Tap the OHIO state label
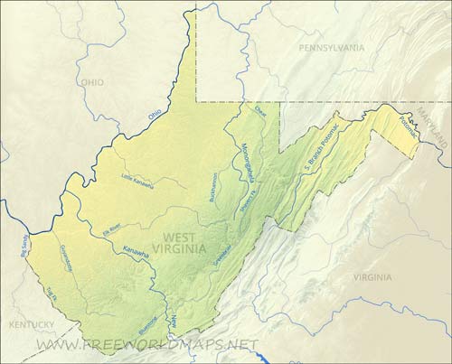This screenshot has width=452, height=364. pos(92,81)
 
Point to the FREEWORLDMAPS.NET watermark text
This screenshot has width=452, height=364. pos(146,344)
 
